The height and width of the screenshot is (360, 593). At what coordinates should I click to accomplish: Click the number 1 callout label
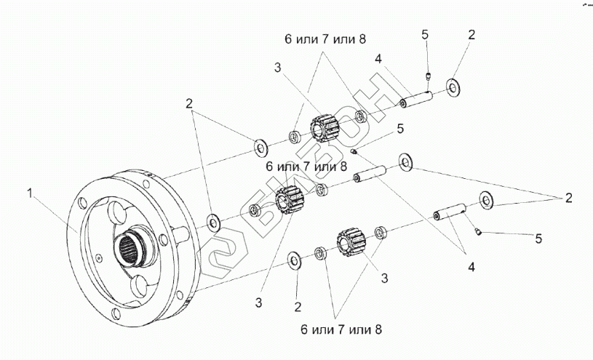click(30, 193)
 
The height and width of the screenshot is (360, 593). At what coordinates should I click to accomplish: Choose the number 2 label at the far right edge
click(568, 197)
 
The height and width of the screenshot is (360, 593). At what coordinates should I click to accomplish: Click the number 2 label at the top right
click(471, 34)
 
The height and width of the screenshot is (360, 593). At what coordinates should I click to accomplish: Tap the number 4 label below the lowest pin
click(471, 268)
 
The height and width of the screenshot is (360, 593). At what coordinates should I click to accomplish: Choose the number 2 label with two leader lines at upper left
click(189, 103)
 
